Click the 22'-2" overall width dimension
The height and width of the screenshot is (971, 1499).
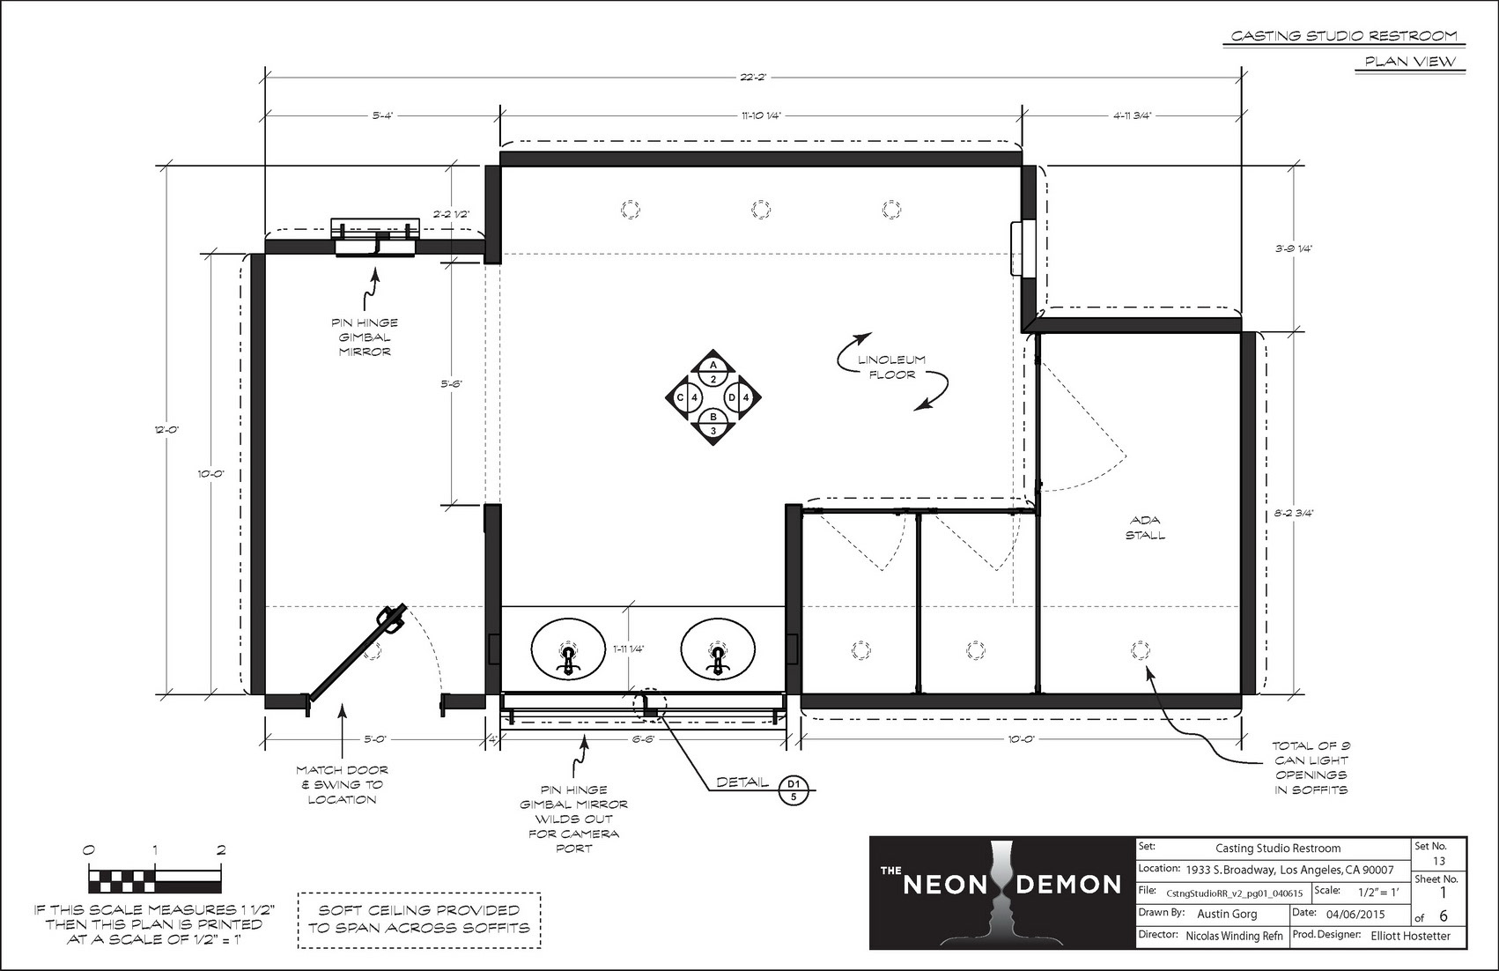click(754, 77)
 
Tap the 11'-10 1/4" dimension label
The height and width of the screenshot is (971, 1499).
click(761, 115)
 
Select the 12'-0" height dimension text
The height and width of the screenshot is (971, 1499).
click(166, 430)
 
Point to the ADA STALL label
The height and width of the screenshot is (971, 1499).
click(1145, 528)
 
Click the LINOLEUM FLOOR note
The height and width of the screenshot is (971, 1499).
click(892, 367)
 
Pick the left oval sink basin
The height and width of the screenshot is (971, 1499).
click(568, 649)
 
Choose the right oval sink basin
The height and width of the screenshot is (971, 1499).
click(718, 649)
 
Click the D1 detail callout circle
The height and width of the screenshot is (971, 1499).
click(794, 789)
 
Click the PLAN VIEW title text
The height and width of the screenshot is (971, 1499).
click(1410, 62)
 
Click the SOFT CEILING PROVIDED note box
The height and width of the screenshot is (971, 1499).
click(419, 920)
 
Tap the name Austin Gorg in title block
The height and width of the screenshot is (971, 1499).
click(1227, 914)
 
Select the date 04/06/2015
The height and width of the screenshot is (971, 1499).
click(1355, 914)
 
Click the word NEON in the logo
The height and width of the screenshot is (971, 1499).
click(946, 885)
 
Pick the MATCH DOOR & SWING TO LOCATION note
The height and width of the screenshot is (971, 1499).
click(342, 785)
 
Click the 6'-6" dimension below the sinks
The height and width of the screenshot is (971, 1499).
click(642, 739)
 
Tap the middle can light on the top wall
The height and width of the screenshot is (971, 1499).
click(760, 210)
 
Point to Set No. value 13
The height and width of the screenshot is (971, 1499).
click(1439, 861)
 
